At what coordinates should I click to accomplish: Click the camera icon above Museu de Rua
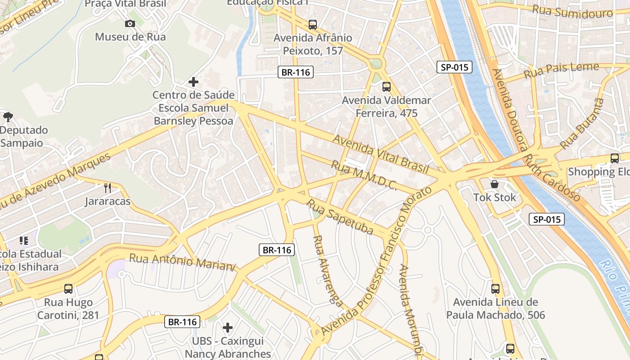click(x=130, y=23)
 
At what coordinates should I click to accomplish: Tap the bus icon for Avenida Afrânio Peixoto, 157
click(x=312, y=24)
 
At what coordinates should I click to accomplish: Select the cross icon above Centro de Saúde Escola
click(x=193, y=82)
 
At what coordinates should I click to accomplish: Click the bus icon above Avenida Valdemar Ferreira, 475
click(x=386, y=86)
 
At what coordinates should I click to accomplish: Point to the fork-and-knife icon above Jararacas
click(x=108, y=188)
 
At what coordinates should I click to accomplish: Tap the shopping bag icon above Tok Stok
click(x=495, y=184)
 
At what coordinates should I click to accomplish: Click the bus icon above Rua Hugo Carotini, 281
click(x=68, y=288)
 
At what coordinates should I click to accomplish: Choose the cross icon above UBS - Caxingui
click(x=228, y=327)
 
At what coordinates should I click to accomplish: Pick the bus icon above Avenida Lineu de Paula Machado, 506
click(x=495, y=288)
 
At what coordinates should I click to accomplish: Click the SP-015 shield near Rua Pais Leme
click(x=454, y=67)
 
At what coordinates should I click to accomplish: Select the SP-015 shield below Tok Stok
click(x=546, y=219)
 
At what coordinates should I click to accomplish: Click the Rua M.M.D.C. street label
click(x=364, y=175)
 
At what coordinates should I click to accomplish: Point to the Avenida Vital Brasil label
click(x=380, y=153)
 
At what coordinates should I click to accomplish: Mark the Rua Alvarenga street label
click(x=327, y=270)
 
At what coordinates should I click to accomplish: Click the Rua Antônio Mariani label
click(x=182, y=262)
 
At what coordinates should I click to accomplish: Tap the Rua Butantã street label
click(x=581, y=124)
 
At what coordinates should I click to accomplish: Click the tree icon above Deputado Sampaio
click(x=8, y=117)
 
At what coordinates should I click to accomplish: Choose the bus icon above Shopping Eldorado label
click(x=615, y=158)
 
